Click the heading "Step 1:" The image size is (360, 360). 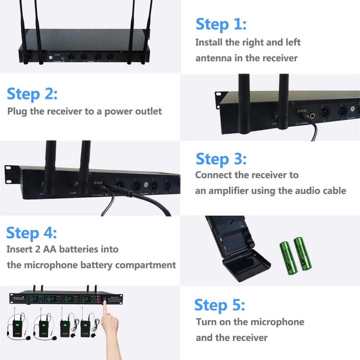221,24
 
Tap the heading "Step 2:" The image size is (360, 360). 32,94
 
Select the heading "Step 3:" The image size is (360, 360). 221,159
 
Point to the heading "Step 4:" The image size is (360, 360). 31,233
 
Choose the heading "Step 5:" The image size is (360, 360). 220,305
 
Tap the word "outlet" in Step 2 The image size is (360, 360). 148,111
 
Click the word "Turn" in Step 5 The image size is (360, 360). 206,322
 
